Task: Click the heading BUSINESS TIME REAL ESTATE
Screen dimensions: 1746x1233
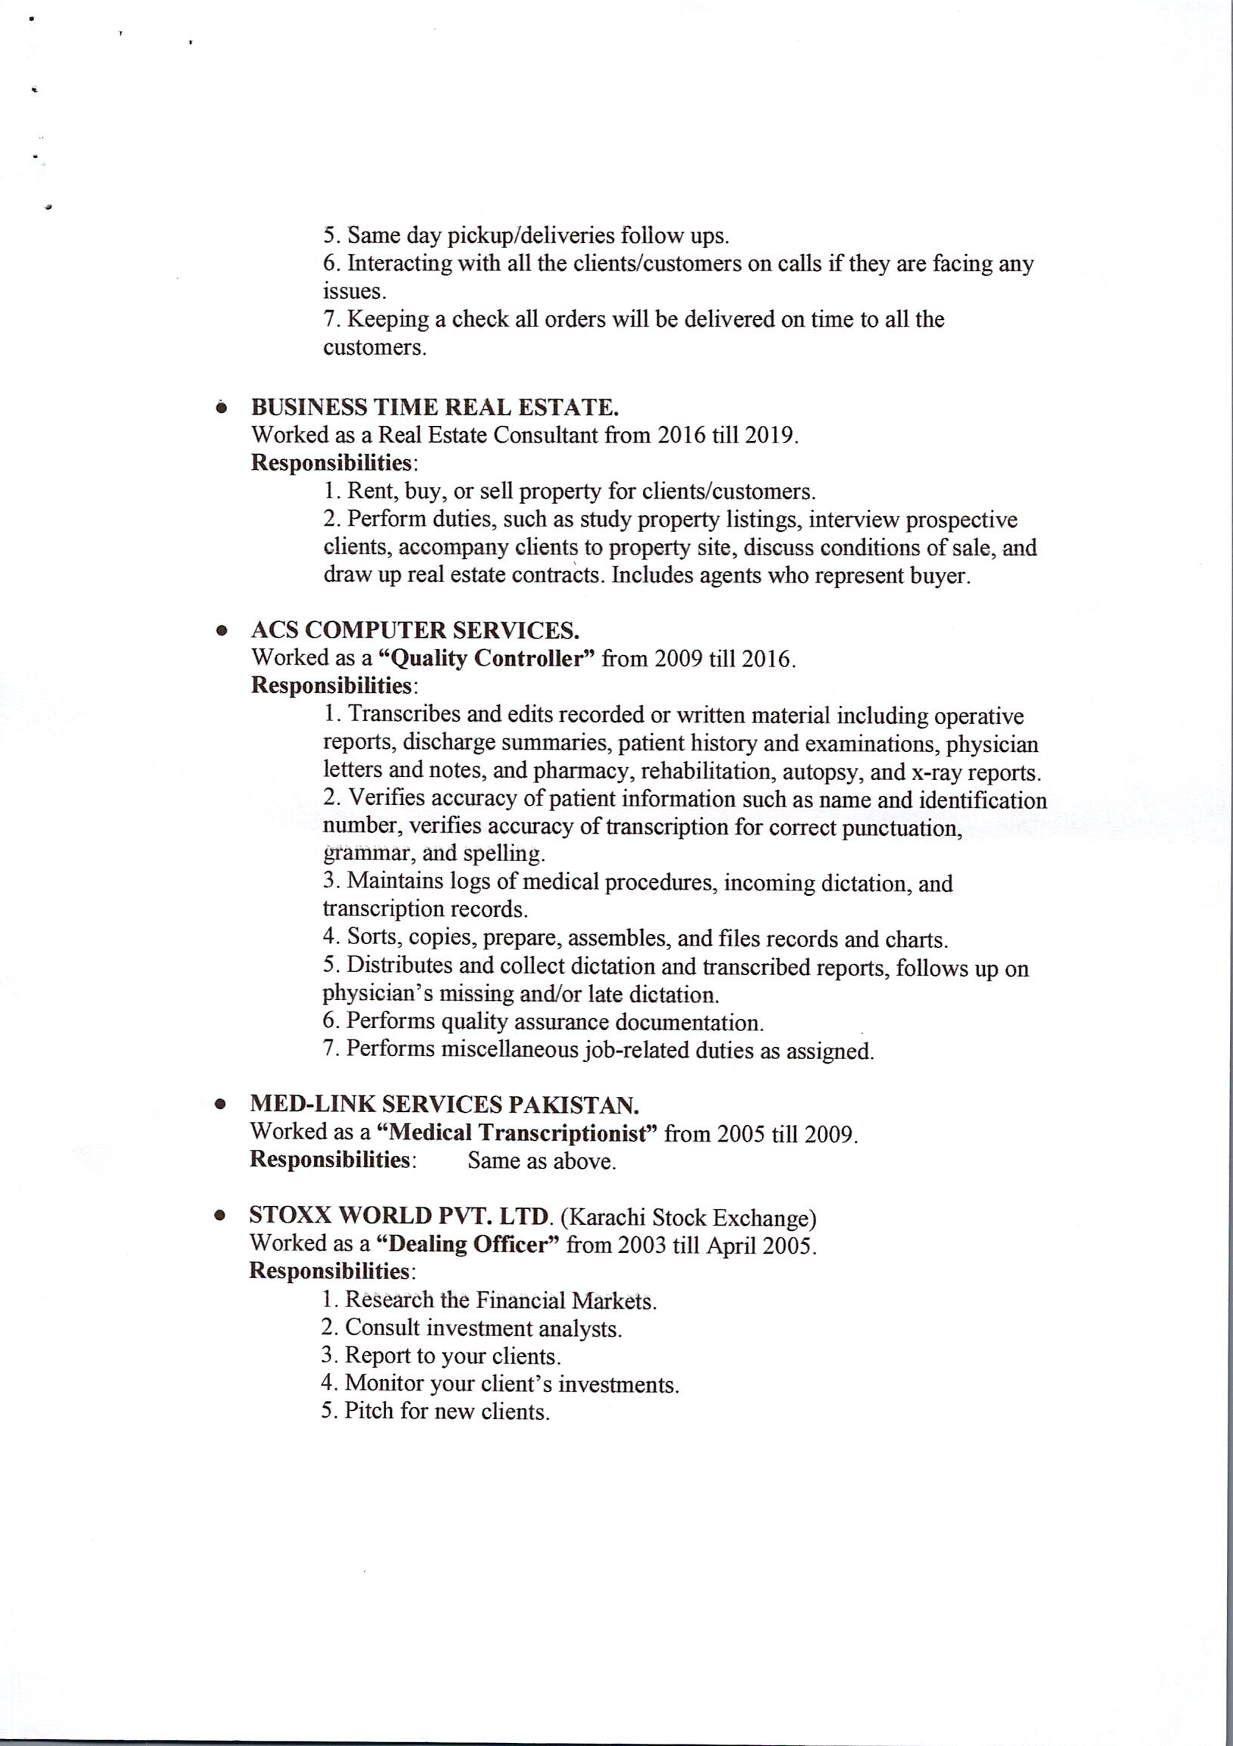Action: pyautogui.click(x=435, y=408)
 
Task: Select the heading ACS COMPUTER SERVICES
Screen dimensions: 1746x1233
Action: pyautogui.click(x=415, y=629)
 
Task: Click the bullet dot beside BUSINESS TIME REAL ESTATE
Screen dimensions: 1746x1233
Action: pyautogui.click(x=221, y=409)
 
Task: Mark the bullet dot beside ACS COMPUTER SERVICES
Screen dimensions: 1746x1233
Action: pyautogui.click(x=221, y=630)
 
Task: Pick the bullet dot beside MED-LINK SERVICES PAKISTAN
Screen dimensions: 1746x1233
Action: pyautogui.click(x=220, y=1105)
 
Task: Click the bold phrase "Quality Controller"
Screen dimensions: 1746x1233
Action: pyautogui.click(x=486, y=658)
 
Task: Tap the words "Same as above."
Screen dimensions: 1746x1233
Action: pyautogui.click(x=542, y=1161)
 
